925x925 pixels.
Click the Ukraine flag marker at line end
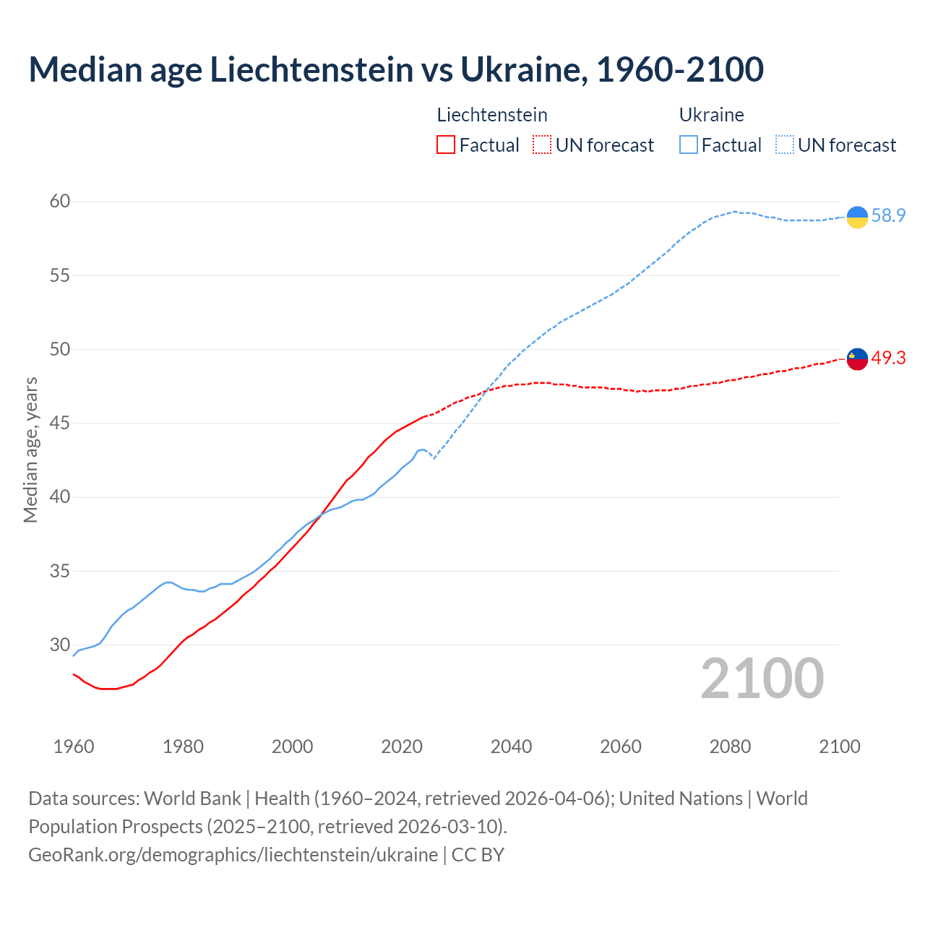[857, 217]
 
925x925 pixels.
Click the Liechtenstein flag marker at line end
[857, 358]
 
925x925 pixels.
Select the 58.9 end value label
[888, 215]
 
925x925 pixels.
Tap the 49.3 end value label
[888, 358]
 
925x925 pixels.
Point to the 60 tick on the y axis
[60, 201]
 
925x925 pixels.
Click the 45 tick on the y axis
[60, 423]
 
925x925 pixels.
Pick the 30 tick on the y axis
[60, 645]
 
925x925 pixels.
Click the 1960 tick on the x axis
[74, 747]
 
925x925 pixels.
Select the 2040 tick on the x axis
[511, 747]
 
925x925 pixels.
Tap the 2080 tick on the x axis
[730, 747]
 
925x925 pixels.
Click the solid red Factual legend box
[446, 145]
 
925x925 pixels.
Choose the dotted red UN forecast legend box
[542, 145]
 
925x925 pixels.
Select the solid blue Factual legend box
[689, 145]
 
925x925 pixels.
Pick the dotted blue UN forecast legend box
[785, 145]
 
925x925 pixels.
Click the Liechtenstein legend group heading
[492, 115]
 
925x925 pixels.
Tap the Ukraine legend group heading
[711, 115]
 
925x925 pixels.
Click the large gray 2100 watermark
[762, 678]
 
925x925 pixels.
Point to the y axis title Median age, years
[30, 449]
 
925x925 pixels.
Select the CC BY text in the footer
[478, 854]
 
